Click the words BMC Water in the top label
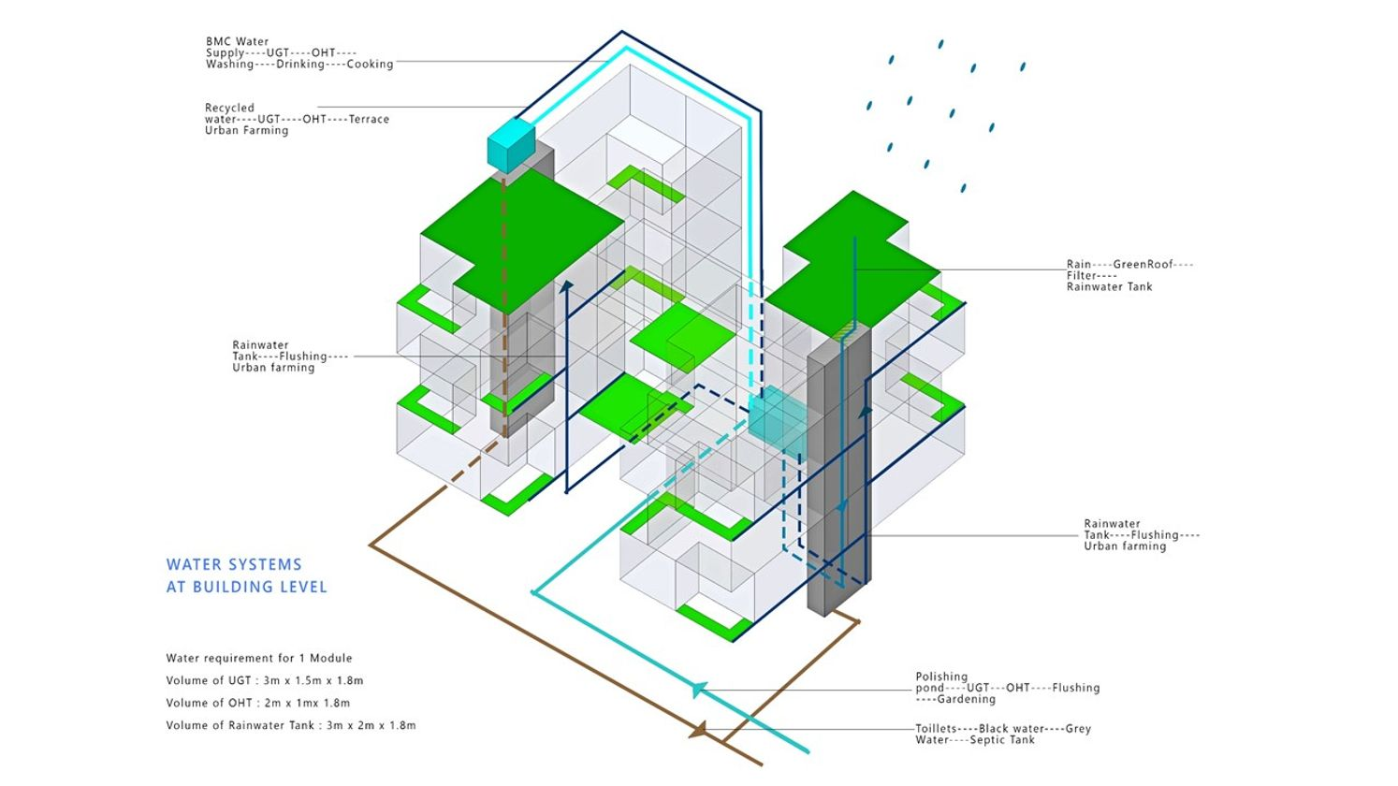(237, 41)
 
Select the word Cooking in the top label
(370, 64)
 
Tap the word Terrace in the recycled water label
(369, 119)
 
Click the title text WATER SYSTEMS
(234, 564)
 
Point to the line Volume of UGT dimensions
(264, 680)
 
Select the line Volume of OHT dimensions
(257, 703)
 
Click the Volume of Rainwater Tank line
(290, 725)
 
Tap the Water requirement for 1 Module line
(258, 658)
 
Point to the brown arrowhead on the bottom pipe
(698, 730)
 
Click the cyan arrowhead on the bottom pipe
(697, 691)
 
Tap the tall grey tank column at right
(837, 468)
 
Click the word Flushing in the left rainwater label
(303, 356)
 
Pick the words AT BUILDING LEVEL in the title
(246, 587)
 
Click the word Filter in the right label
(1084, 275)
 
